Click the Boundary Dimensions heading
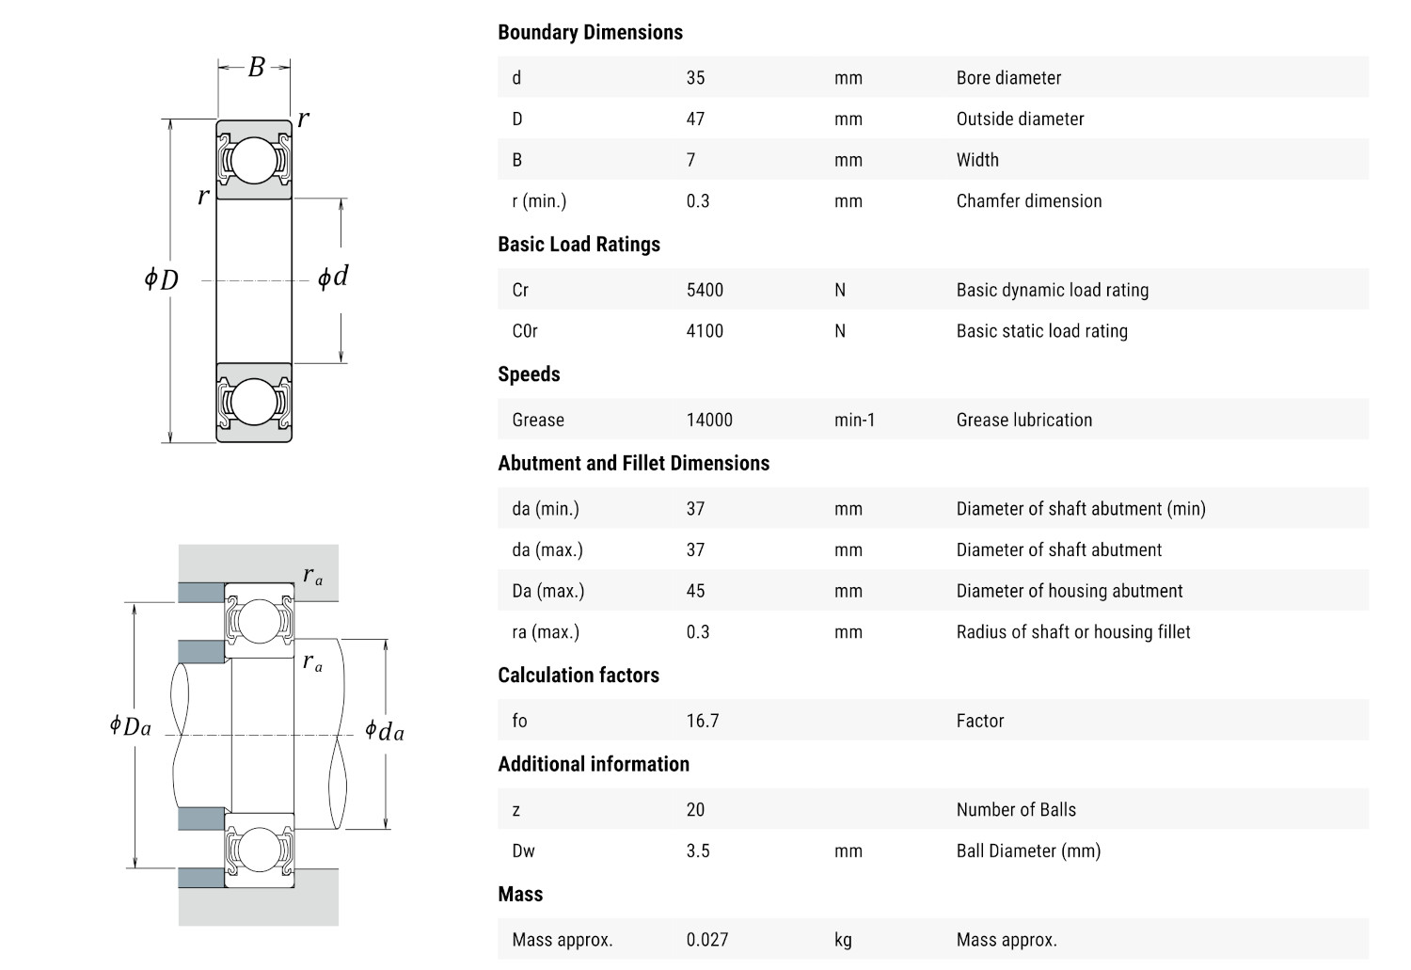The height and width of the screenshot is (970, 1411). pyautogui.click(x=590, y=32)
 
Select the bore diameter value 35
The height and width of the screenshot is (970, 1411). pyautogui.click(x=695, y=78)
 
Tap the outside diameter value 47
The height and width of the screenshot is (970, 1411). pyautogui.click(x=695, y=119)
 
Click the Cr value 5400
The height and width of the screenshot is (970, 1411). pyautogui.click(x=705, y=290)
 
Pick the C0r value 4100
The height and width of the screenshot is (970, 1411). pyautogui.click(x=705, y=331)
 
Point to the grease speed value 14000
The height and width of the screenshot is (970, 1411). pyautogui.click(x=709, y=421)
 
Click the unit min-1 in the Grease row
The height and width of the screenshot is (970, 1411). pyautogui.click(x=854, y=421)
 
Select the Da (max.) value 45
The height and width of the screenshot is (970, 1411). pyautogui.click(x=695, y=591)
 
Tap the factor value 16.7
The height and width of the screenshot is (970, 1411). pyautogui.click(x=703, y=721)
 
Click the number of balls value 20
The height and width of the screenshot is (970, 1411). pyautogui.click(x=695, y=810)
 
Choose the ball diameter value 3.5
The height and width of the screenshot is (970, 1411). pyautogui.click(x=698, y=851)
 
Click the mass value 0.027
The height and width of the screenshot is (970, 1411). pyautogui.click(x=707, y=940)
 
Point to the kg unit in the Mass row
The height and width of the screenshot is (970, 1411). pyautogui.click(x=843, y=940)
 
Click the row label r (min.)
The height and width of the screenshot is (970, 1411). pyautogui.click(x=539, y=201)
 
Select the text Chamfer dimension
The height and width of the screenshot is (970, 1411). pyautogui.click(x=1029, y=201)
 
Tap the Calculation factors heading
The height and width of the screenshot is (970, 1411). pyautogui.click(x=579, y=676)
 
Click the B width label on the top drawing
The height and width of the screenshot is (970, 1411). pyautogui.click(x=256, y=68)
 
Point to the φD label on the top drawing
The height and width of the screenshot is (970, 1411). pyautogui.click(x=161, y=279)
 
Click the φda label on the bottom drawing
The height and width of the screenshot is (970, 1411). pyautogui.click(x=385, y=731)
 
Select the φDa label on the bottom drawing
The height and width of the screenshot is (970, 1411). pyautogui.click(x=130, y=725)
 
